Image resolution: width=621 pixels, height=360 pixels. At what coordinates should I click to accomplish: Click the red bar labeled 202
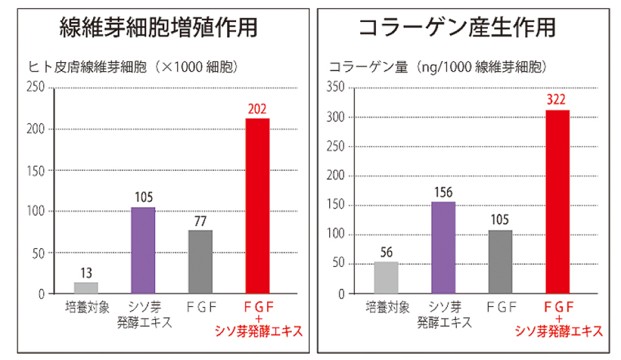coord(257,206)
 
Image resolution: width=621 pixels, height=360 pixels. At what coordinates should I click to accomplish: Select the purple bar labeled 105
coord(143,250)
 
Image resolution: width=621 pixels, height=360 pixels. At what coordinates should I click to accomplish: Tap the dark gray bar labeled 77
coord(200,261)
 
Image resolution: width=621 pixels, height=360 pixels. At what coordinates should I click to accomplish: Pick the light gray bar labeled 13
coord(86,288)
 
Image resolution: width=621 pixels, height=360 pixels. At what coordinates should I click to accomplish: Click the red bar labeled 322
coord(557,202)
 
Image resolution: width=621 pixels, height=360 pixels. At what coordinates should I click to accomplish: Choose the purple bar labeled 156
coord(443,248)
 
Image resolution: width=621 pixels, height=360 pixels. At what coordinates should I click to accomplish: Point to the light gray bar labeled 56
coord(386,277)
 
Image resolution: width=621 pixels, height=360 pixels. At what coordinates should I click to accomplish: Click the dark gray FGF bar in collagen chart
coord(500,261)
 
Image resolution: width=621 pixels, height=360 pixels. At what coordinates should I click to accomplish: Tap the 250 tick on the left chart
coord(36,87)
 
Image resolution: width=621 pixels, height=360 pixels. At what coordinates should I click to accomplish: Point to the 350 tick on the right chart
coord(335,87)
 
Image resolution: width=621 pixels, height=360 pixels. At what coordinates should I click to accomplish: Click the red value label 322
coord(557,99)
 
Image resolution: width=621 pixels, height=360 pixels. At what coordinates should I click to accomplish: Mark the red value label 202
coord(257,108)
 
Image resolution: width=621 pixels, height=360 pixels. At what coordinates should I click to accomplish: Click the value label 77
coord(200,221)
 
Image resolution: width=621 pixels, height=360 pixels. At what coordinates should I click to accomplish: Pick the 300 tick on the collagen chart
coord(335,117)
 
